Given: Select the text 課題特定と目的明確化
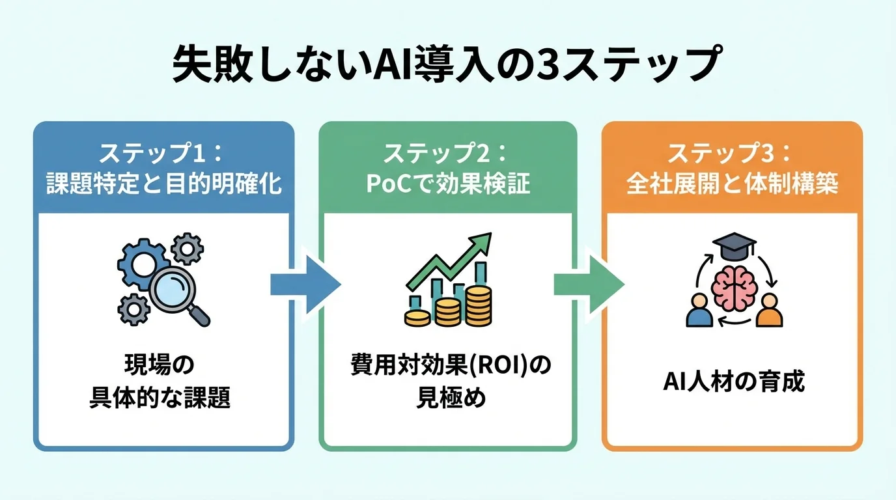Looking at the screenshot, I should pos(163,184).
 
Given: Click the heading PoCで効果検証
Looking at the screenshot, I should pos(448,184).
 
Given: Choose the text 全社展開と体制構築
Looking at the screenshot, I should pos(732,184).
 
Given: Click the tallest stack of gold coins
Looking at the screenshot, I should pos(479,306).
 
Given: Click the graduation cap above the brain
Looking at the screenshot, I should pos(734,246).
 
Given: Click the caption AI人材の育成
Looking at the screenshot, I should pos(733,382).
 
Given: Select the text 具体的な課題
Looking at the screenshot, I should pos(160,398).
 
